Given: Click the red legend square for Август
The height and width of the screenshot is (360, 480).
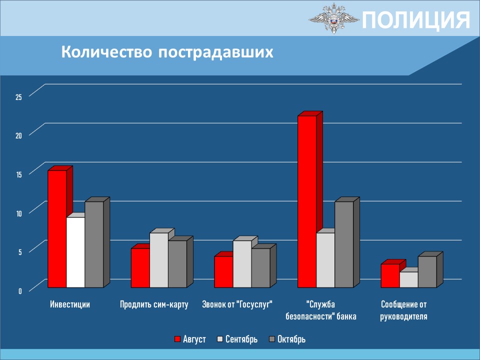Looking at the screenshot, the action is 177,339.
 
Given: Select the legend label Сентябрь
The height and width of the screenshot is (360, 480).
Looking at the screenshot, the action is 241,339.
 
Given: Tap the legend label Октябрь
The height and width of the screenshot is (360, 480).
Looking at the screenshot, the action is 291,339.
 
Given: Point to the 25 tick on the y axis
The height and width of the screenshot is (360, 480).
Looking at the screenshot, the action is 19,97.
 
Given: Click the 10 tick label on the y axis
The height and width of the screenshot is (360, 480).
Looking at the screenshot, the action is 19,213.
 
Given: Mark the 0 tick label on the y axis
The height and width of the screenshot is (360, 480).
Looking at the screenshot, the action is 20,291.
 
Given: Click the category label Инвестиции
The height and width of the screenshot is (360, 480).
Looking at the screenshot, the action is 70,304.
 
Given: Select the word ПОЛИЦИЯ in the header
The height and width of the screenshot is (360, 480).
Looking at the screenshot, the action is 416,20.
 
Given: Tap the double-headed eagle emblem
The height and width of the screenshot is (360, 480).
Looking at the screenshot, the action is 334,18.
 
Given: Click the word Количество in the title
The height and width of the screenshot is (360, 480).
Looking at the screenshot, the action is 106,52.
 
